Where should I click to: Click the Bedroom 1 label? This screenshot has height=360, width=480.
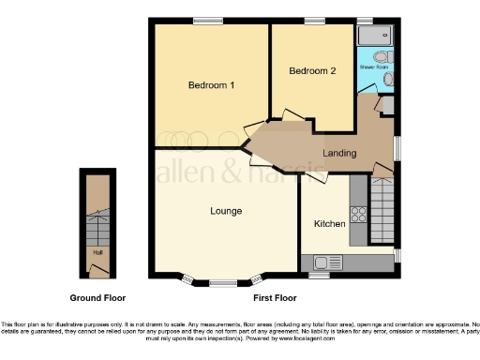pos(211,85)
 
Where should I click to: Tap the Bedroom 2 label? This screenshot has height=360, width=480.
pos(312,71)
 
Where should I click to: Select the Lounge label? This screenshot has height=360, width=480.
pos(227,210)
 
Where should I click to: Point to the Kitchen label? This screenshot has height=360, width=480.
pos(329,224)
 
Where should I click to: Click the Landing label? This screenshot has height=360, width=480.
pos(338,153)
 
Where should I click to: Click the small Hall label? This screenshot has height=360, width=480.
pos(97,252)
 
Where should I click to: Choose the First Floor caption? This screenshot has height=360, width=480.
pos(275,297)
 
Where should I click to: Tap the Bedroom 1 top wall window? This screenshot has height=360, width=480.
pos(208,20)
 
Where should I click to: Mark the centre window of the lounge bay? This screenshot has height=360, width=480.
pos(222,281)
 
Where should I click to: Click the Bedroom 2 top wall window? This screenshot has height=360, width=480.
pos(314,20)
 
